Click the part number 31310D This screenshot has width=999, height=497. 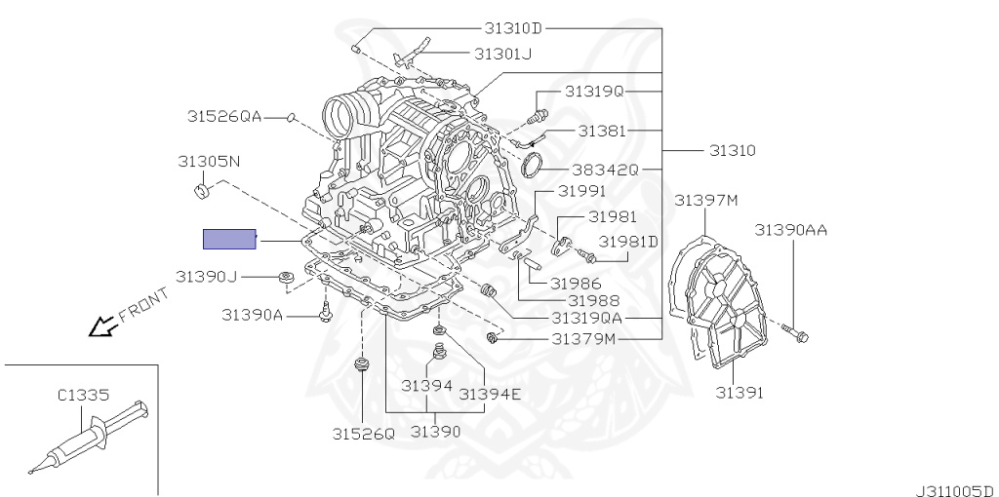[x=513, y=28]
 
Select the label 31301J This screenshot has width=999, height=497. [x=502, y=54]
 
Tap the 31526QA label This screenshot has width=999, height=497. [x=224, y=116]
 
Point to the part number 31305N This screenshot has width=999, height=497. [x=209, y=162]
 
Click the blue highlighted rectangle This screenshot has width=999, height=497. [x=229, y=239]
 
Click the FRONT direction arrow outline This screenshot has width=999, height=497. [x=102, y=327]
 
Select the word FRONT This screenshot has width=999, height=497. [x=144, y=305]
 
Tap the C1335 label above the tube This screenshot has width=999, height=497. [x=84, y=396]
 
